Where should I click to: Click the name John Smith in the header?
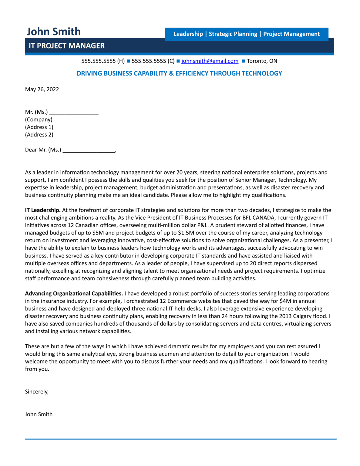click(54, 32)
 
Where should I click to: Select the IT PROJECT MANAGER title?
click(66, 46)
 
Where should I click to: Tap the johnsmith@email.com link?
click(210, 61)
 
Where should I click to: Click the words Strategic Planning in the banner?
click(233, 34)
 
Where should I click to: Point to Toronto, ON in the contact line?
click(262, 61)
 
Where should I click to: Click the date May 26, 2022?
click(42, 89)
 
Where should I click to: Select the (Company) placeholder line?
click(39, 120)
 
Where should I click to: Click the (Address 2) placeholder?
click(39, 135)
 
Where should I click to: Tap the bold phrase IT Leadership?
click(43, 210)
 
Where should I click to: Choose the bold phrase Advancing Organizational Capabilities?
click(74, 294)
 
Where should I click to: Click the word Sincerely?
click(37, 392)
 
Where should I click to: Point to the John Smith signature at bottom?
click(39, 414)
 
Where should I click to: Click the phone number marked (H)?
click(103, 61)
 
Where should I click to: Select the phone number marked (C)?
click(153, 61)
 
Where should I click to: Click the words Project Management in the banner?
click(291, 34)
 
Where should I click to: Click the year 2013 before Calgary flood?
click(285, 316)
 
